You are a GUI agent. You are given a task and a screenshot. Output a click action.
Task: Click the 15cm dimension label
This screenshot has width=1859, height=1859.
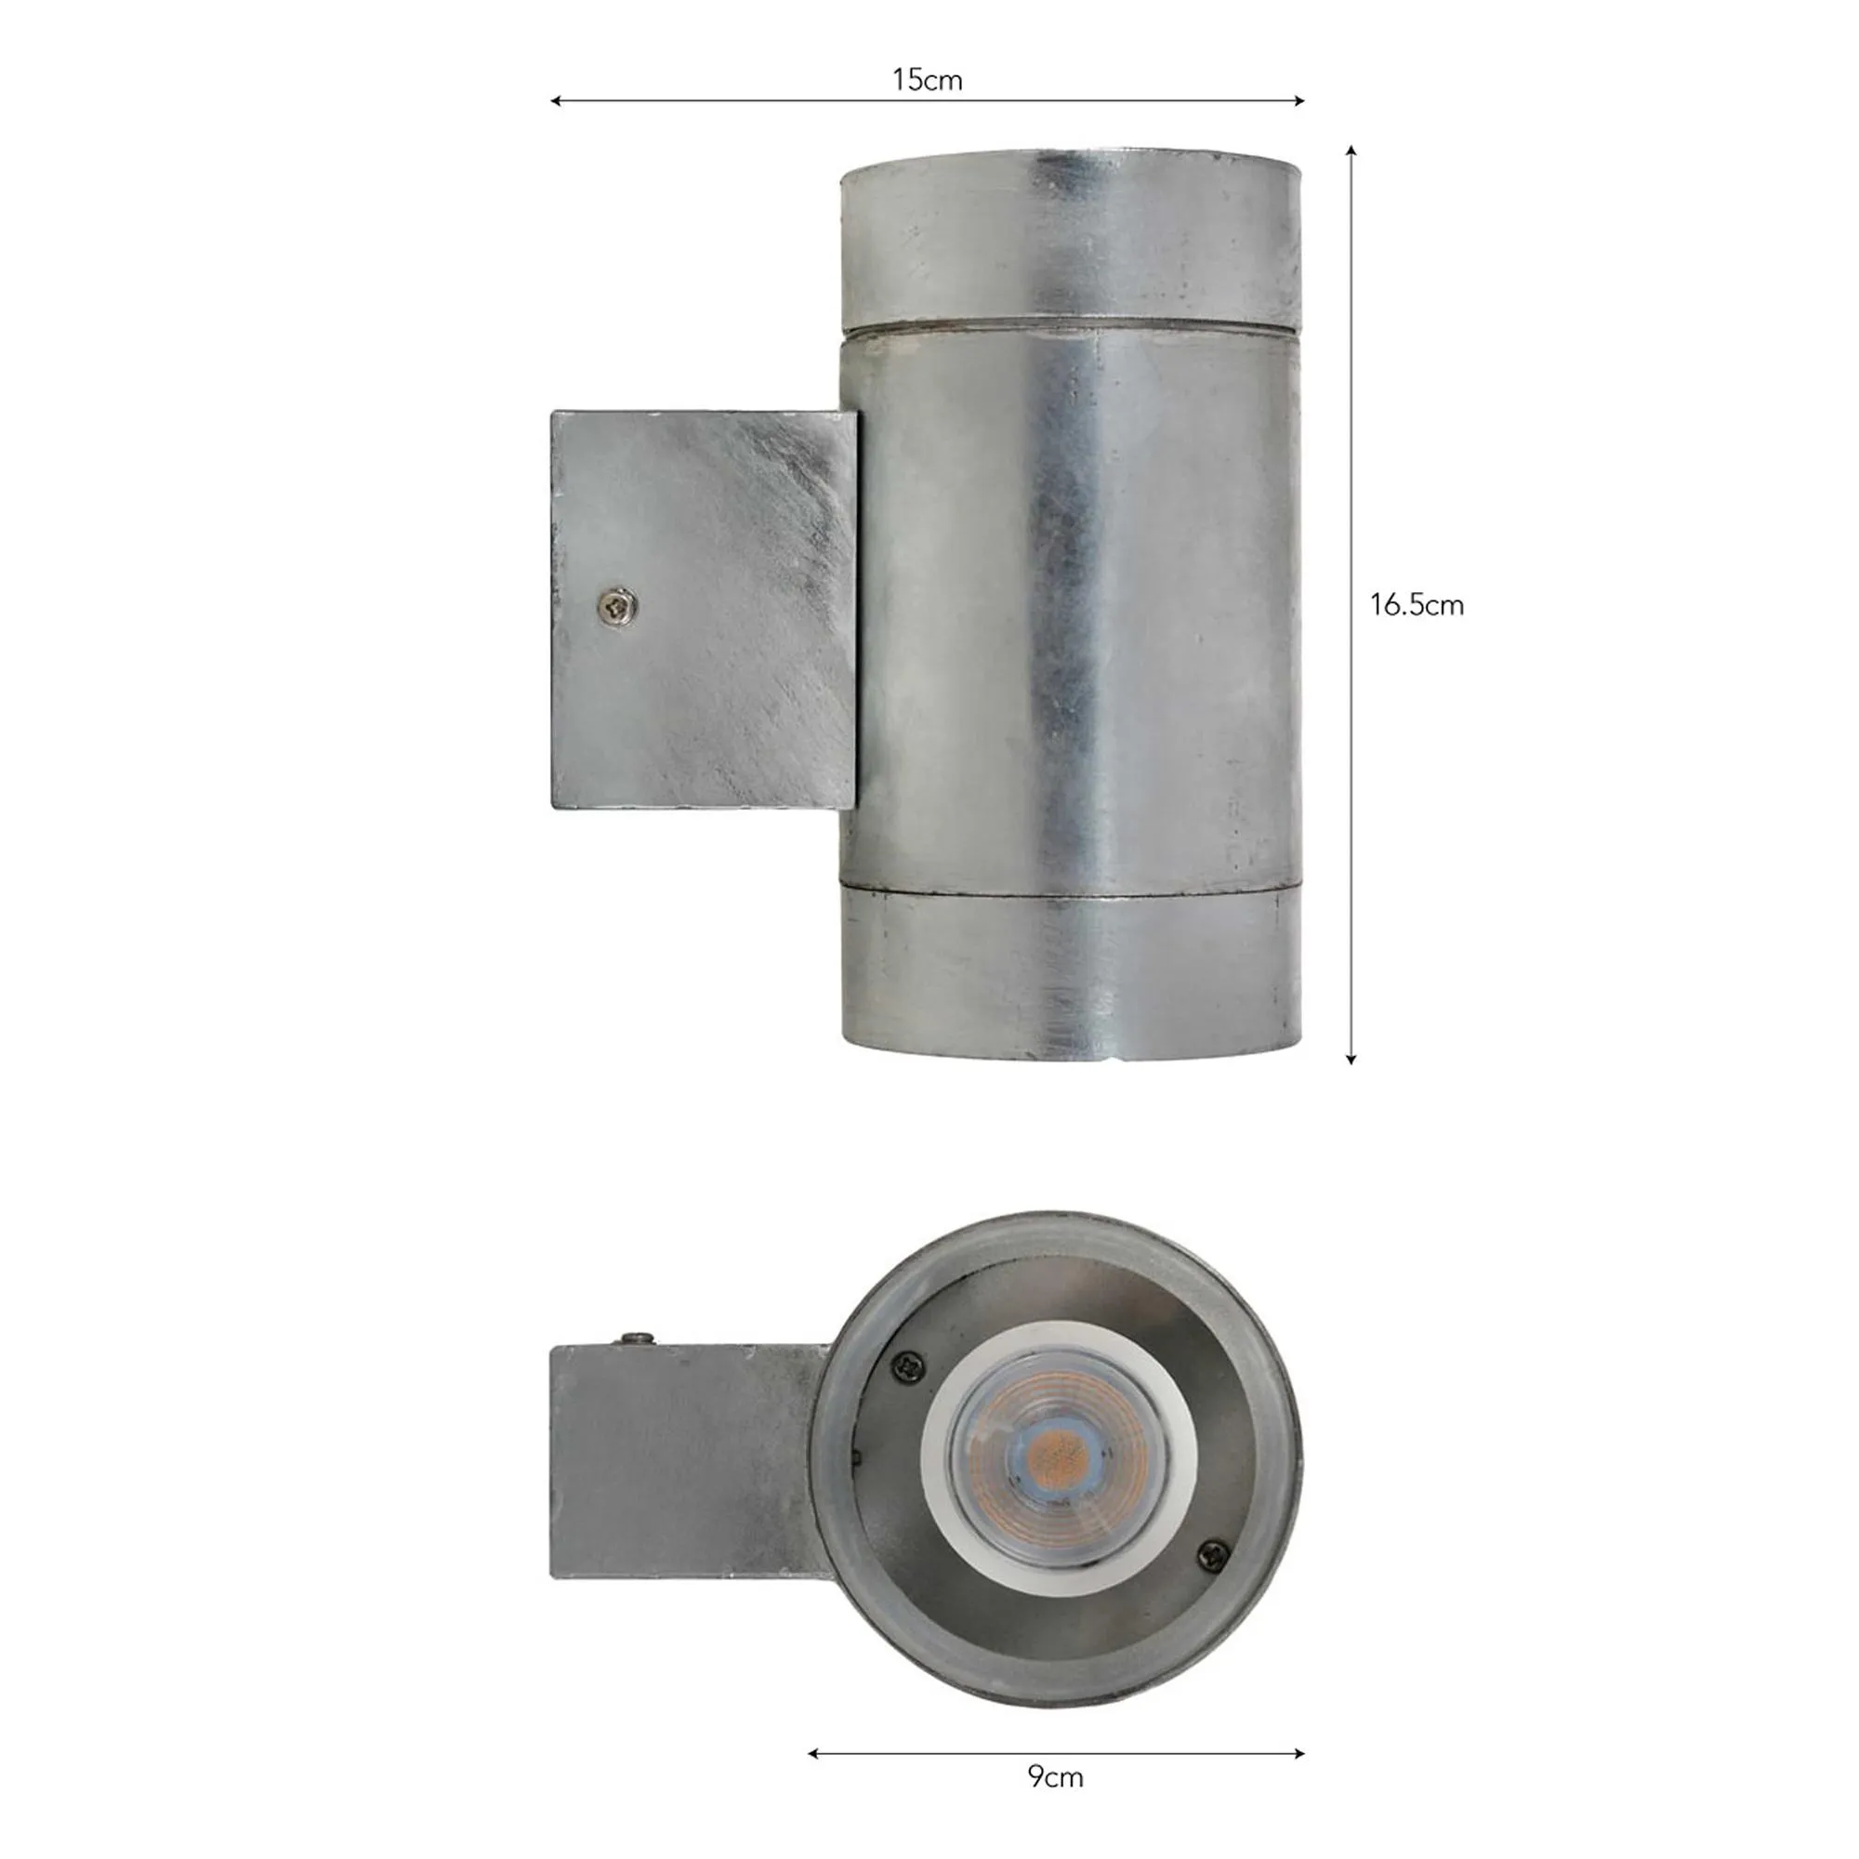pyautogui.click(x=927, y=80)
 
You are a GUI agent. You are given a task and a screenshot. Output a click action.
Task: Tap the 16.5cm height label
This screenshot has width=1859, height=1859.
pyautogui.click(x=1417, y=605)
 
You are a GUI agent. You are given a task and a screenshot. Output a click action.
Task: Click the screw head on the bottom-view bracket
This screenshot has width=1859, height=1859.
pyautogui.click(x=638, y=1338)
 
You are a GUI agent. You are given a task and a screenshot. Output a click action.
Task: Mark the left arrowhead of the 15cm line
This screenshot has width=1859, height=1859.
pyautogui.click(x=555, y=100)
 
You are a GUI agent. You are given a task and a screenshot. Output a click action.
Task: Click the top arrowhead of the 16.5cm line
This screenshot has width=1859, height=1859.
pyautogui.click(x=1351, y=150)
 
